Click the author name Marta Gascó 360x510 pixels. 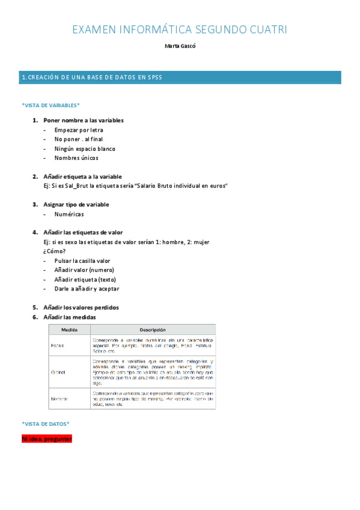pyautogui.click(x=180, y=46)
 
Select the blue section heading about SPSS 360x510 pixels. pyautogui.click(x=91, y=77)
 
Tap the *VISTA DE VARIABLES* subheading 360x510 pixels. pyautogui.click(x=50, y=105)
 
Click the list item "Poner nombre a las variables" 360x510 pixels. pyautogui.click(x=84, y=120)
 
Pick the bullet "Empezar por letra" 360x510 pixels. pyautogui.click(x=79, y=130)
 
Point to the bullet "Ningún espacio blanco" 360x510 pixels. pyautogui.click(x=85, y=149)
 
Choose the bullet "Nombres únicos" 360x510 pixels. pyautogui.click(x=76, y=158)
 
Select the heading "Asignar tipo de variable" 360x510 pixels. pyautogui.click(x=76, y=204)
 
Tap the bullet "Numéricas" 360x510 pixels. pyautogui.click(x=69, y=214)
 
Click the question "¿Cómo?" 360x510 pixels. pyautogui.click(x=54, y=251)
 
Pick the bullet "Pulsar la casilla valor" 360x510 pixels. pyautogui.click(x=82, y=261)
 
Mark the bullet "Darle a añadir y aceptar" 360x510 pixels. pyautogui.click(x=87, y=289)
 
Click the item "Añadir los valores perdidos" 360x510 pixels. pyautogui.click(x=81, y=307)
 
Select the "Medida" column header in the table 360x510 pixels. pyautogui.click(x=70, y=330)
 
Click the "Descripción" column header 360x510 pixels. pyautogui.click(x=153, y=330)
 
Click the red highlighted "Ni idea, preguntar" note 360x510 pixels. pyautogui.click(x=47, y=440)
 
